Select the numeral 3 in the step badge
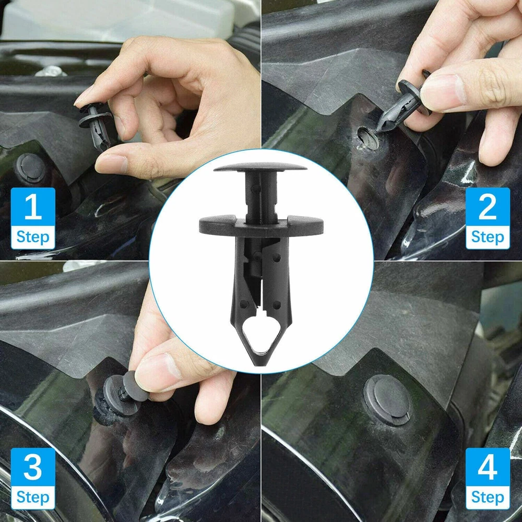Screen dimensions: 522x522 pyautogui.click(x=33, y=467)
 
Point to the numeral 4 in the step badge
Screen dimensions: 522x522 pyautogui.click(x=488, y=467)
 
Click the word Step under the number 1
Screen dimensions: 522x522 pyautogui.click(x=32, y=238)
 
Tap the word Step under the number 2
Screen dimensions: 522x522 pyautogui.click(x=488, y=238)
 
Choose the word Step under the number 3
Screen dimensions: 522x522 pyautogui.click(x=32, y=497)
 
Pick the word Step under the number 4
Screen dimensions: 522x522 pyautogui.click(x=488, y=497)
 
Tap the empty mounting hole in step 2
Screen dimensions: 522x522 pyautogui.click(x=367, y=137)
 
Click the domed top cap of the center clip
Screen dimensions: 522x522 pyautogui.click(x=260, y=167)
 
